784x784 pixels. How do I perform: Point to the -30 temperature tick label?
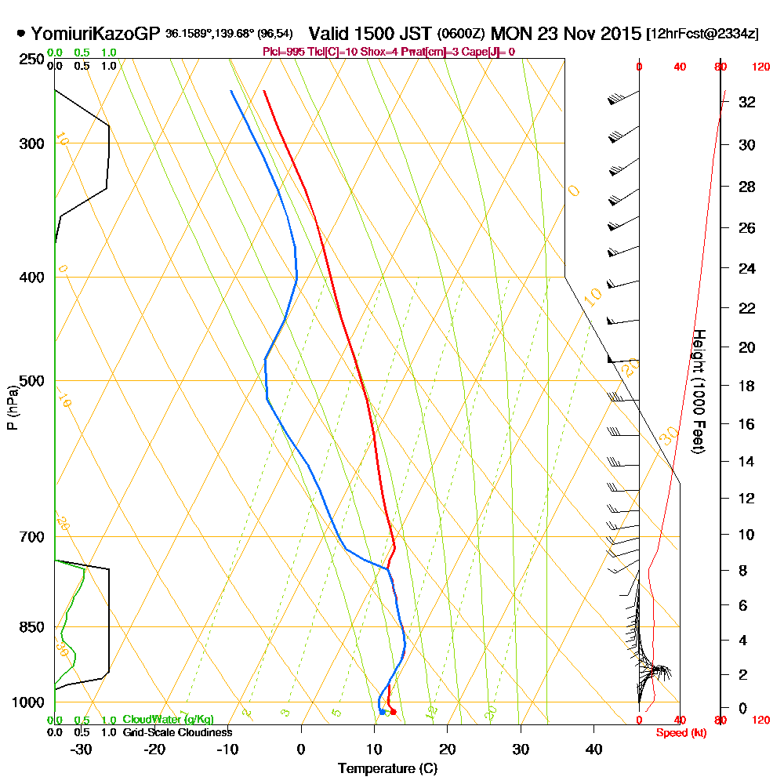[81, 749]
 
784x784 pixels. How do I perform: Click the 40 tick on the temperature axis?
[593, 749]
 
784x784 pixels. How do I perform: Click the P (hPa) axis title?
[12, 408]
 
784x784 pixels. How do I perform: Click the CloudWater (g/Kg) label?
[168, 720]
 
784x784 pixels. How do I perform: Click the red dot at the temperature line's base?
[393, 712]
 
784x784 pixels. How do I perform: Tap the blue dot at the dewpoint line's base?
[382, 712]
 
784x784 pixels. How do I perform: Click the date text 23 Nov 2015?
[582, 34]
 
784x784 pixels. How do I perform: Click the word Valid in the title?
[329, 34]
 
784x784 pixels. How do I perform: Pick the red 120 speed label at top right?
[760, 67]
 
